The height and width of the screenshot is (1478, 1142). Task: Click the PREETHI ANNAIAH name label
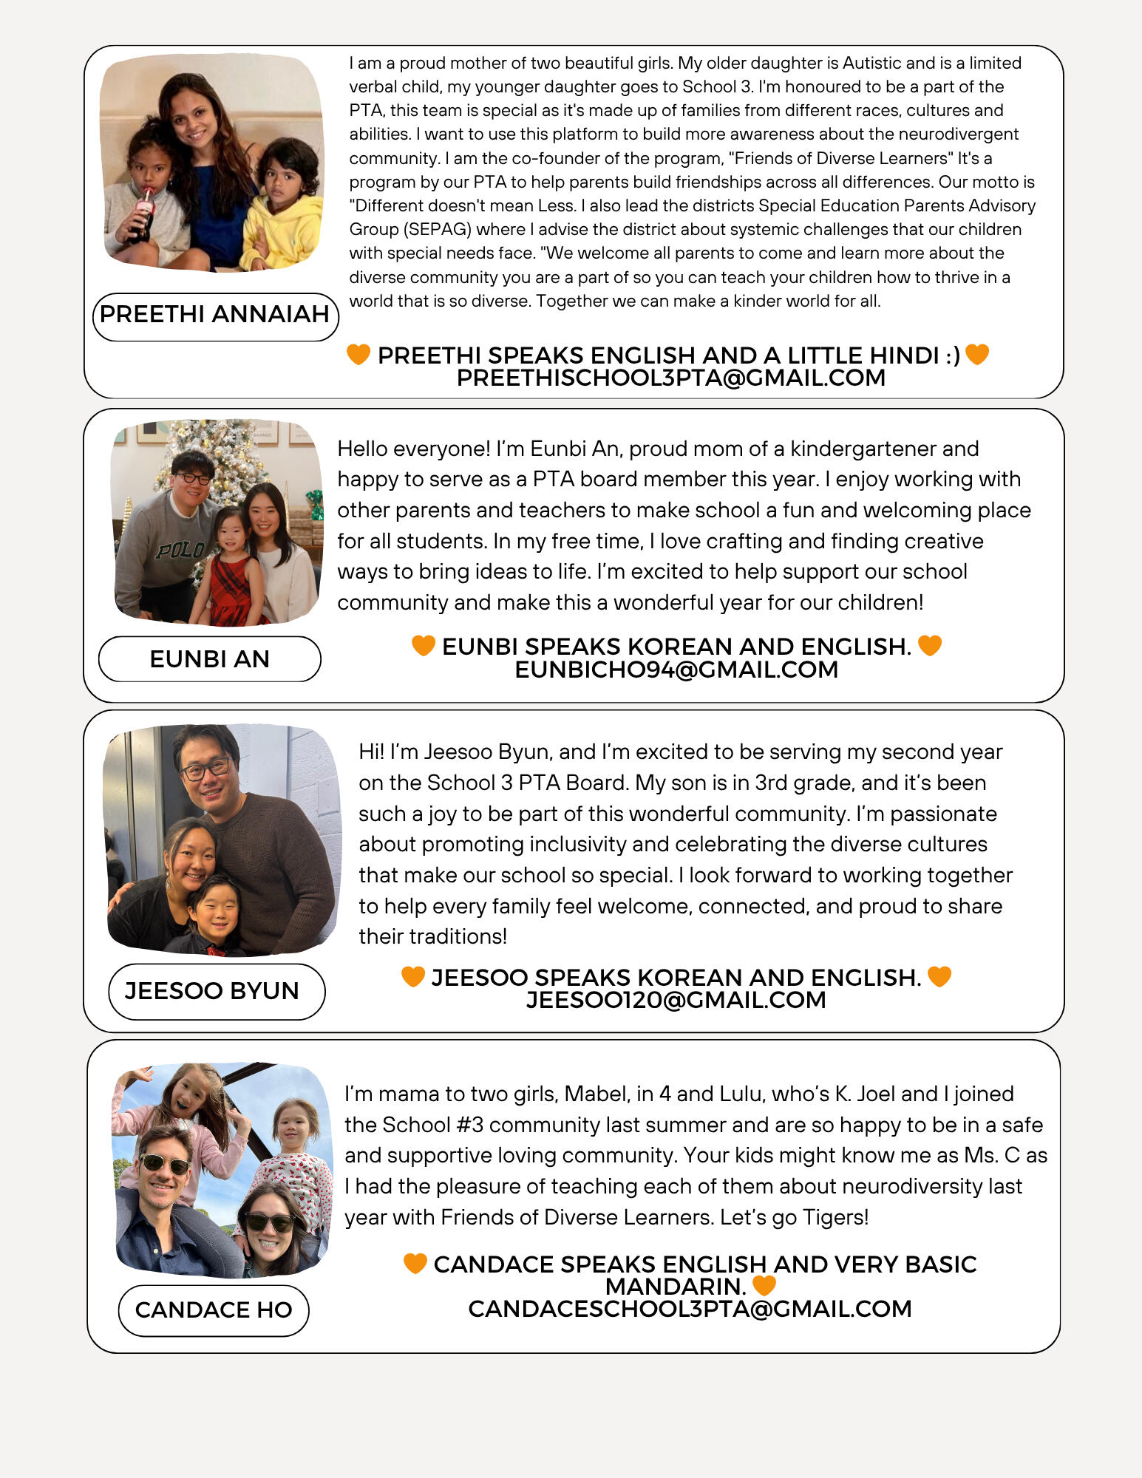click(x=214, y=315)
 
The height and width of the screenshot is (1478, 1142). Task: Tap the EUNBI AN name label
click(x=209, y=659)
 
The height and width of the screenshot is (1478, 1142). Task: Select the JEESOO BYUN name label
click(x=212, y=991)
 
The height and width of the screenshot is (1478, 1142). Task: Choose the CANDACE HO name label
click(x=214, y=1310)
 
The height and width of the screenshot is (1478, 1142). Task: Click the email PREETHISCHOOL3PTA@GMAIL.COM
click(x=670, y=378)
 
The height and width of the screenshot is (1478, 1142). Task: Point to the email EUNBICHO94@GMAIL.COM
click(x=676, y=670)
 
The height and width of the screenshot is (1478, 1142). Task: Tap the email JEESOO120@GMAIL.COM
click(x=676, y=1001)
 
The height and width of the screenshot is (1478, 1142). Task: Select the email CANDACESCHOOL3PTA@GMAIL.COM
click(x=690, y=1310)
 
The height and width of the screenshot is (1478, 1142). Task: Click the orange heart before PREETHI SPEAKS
click(x=358, y=355)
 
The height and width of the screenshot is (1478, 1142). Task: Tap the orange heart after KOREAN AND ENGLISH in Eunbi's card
click(x=930, y=646)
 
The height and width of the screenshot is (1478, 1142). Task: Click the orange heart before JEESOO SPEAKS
click(x=413, y=977)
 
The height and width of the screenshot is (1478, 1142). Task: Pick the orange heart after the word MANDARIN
click(x=764, y=1286)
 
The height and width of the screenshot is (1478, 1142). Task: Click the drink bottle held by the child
click(x=144, y=214)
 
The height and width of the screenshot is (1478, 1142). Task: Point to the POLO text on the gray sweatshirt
click(x=180, y=550)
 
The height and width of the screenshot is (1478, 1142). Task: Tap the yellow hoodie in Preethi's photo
click(x=285, y=229)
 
